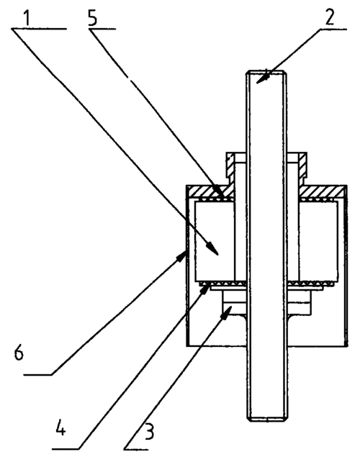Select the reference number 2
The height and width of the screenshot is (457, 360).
[x=329, y=17]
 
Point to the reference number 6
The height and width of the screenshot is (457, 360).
[x=19, y=353]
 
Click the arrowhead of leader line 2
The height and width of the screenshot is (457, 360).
[x=261, y=78]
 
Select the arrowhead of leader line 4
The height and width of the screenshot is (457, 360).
[x=205, y=289]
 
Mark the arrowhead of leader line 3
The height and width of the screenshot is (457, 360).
[x=227, y=313]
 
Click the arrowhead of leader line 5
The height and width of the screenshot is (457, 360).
[x=219, y=191]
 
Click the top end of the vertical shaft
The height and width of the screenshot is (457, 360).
[x=266, y=71]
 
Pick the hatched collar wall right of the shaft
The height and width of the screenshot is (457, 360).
[x=302, y=166]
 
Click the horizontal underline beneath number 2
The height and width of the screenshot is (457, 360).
[x=333, y=29]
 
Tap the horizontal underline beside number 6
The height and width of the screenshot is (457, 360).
[x=37, y=374]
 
